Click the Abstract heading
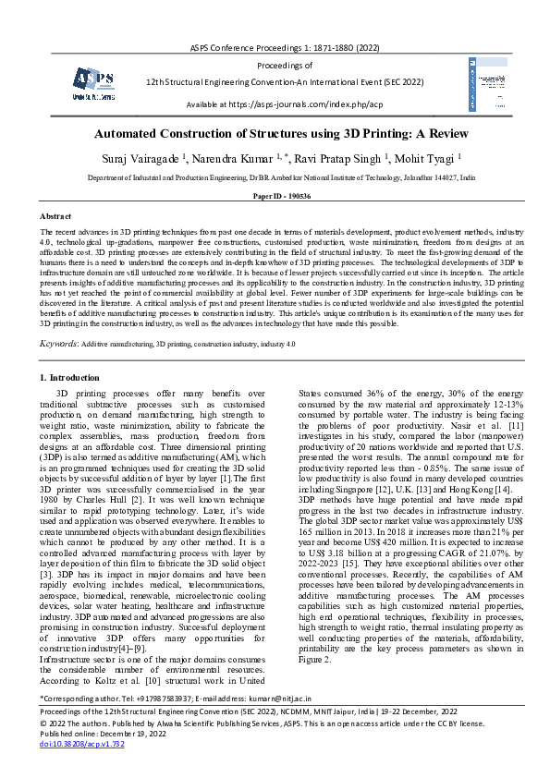pos(56,214)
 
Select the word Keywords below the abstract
pos(58,343)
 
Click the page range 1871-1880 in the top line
pos(323,45)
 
